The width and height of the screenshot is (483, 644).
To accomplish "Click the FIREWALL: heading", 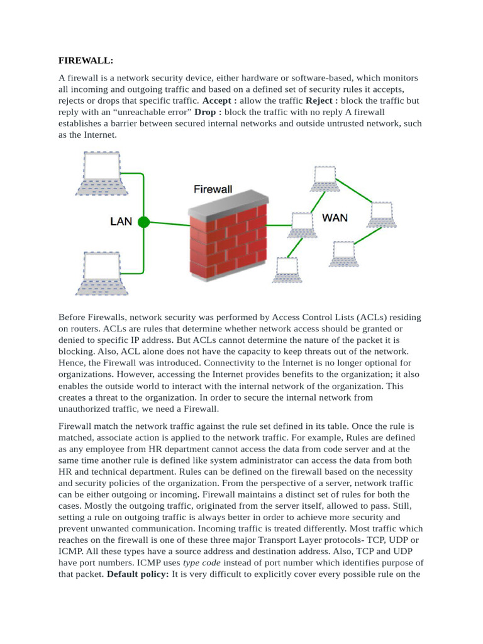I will pos(86,60).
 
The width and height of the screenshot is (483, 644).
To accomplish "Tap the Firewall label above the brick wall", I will pos(213,189).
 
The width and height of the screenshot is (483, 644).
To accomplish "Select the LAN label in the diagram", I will pos(121,221).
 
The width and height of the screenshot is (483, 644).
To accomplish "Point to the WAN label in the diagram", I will pos(335,218).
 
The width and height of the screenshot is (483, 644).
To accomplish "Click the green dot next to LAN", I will pos(143,221).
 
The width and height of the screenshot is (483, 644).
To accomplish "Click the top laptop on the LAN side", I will pos(102,172).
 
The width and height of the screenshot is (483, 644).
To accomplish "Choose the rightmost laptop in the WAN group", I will pos(382,214).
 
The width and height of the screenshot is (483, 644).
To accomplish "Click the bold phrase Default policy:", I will pos(138,574).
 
